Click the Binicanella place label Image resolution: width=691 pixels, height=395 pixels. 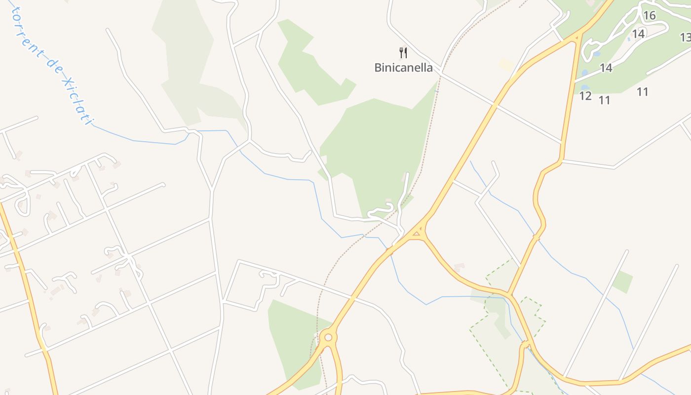tap(403, 68)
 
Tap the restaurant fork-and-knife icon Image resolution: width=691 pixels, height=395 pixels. tap(403, 52)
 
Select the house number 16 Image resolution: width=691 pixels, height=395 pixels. tap(649, 16)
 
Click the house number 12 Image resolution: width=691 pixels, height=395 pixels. tap(585, 96)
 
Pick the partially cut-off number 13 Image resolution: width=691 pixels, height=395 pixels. tap(685, 38)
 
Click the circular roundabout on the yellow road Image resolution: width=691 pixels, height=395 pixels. tap(328, 338)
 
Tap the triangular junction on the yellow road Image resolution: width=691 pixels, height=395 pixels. tap(418, 232)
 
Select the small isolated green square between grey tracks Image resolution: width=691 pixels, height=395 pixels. tap(622, 281)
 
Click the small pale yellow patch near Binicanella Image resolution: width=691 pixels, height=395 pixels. tap(506, 64)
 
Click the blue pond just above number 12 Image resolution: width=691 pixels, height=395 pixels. tap(585, 88)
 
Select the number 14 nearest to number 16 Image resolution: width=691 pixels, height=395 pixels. tap(638, 34)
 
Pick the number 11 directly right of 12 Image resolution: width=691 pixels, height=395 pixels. tap(604, 100)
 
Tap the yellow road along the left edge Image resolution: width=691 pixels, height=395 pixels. tap(30, 296)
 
